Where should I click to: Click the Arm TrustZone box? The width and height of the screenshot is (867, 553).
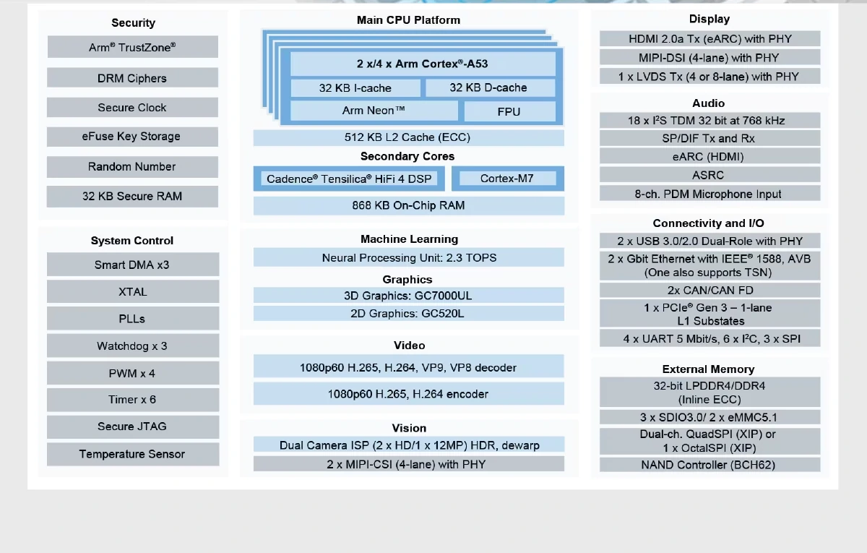coord(132,48)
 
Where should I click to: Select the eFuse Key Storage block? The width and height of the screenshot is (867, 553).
coord(132,137)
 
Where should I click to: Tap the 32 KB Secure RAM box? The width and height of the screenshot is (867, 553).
coord(132,196)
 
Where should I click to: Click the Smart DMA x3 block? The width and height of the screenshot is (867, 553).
coord(132,265)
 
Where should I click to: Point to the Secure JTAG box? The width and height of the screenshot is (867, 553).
coord(132,426)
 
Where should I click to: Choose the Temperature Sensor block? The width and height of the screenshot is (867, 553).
coord(132,454)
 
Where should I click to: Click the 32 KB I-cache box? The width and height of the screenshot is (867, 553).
coord(355,88)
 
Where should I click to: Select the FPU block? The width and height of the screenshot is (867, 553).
coord(509,111)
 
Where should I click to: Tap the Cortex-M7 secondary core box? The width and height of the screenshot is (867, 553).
coord(507,179)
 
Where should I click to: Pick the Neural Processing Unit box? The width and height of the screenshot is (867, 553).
coord(409,257)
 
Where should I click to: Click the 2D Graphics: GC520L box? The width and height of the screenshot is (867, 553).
coord(409,314)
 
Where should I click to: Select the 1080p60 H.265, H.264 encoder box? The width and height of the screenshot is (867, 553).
coord(409,394)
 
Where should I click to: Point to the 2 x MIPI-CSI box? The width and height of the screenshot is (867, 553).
coord(409,464)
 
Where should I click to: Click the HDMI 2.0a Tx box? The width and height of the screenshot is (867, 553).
coord(709,39)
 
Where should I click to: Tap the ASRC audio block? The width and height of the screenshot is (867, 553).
coord(709,175)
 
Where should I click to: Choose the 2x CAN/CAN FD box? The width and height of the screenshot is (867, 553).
coord(709,290)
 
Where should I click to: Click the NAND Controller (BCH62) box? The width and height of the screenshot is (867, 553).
coord(709,465)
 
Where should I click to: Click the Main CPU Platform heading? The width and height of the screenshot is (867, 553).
coord(408,20)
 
